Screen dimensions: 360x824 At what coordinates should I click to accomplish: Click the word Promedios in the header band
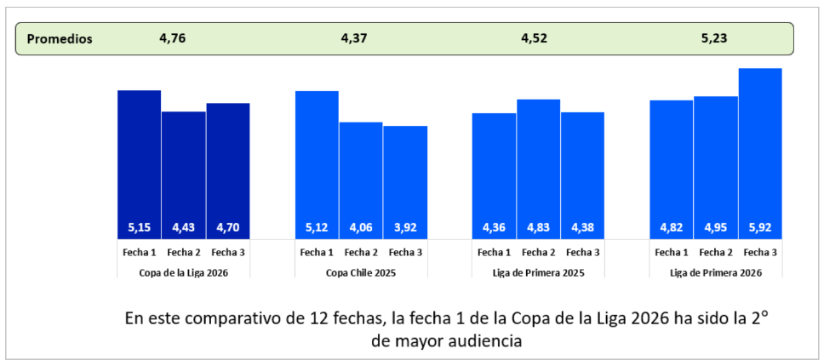point(60,39)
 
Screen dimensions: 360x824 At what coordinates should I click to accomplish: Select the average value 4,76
point(173,39)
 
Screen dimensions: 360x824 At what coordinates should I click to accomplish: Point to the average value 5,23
point(714,39)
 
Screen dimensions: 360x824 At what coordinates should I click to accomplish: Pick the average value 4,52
point(535,39)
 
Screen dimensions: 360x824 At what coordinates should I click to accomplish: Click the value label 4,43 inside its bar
point(183,228)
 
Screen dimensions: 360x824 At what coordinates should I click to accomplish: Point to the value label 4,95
point(715,228)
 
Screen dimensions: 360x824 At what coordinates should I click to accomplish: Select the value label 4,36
point(494,228)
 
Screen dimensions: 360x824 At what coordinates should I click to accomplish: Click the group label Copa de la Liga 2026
point(183,272)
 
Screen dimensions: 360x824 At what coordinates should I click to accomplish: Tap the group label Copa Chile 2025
point(361,272)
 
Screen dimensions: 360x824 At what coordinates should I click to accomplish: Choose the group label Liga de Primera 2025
point(538,272)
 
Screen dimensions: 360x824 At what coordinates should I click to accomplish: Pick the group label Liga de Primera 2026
point(715,272)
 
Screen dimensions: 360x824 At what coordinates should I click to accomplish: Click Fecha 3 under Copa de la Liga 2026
point(227,253)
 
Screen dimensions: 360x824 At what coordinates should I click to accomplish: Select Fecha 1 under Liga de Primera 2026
point(671,253)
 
